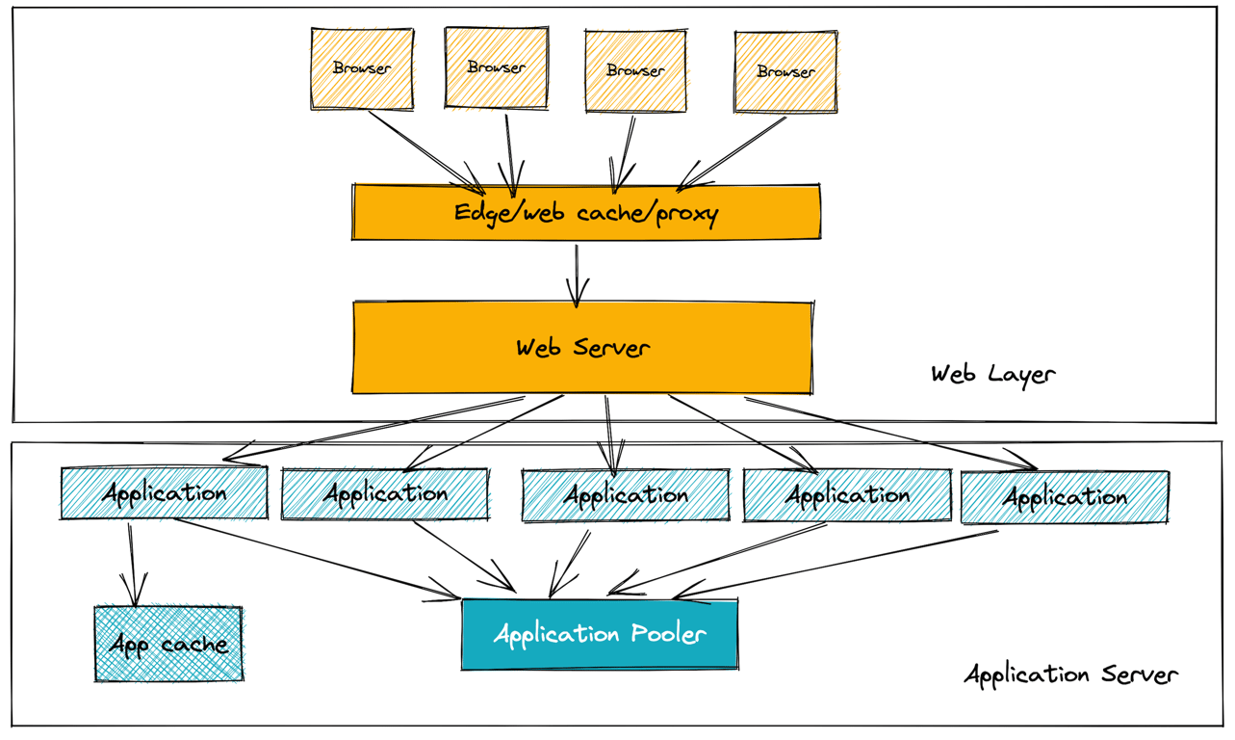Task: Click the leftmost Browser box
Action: coord(362,68)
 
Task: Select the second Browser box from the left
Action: coord(496,67)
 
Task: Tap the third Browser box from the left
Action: coord(635,70)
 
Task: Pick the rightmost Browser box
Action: coord(785,72)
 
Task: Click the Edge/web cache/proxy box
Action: coord(586,212)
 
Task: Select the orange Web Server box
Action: coord(582,348)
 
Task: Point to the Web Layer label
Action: coord(992,374)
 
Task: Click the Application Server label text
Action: coord(1070,674)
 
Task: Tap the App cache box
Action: coord(168,644)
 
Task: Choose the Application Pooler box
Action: coord(600,634)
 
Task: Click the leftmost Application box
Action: coord(164,493)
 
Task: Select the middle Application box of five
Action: coord(626,495)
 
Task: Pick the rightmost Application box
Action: coord(1065,497)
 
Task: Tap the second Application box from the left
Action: coord(385,494)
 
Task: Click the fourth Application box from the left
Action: coord(847,495)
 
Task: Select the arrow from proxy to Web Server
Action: coord(577,275)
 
